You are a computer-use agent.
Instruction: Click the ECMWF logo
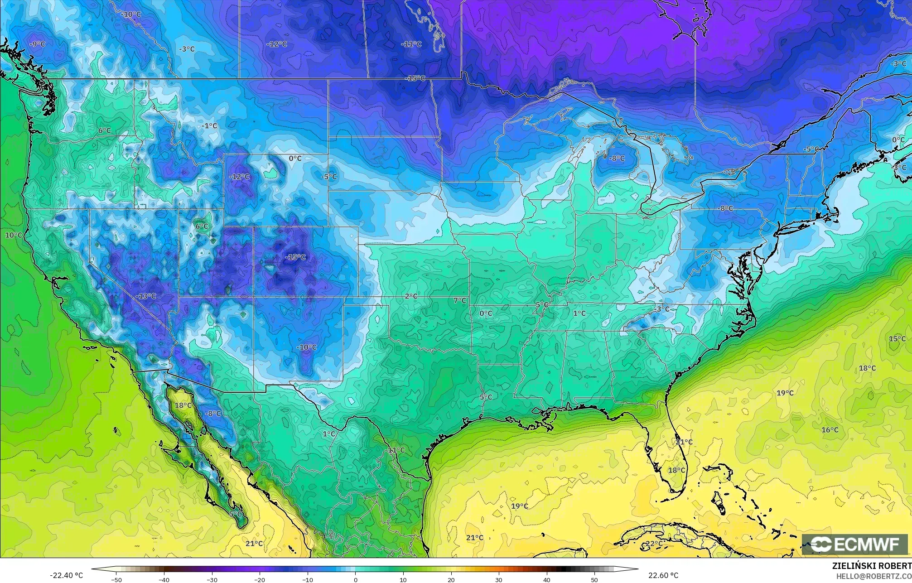pyautogui.click(x=854, y=544)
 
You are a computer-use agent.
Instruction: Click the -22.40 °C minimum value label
pyautogui.click(x=66, y=575)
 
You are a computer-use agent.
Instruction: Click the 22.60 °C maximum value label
pyautogui.click(x=663, y=575)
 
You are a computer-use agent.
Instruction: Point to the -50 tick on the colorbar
pyautogui.click(x=116, y=579)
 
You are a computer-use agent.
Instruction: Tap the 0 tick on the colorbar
pyautogui.click(x=356, y=579)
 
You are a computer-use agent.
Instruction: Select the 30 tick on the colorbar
pyautogui.click(x=499, y=579)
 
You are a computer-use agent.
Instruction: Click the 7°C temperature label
pyautogui.click(x=459, y=300)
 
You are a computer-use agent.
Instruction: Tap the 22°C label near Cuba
pyautogui.click(x=654, y=543)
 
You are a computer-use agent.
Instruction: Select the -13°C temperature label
pyautogui.click(x=146, y=296)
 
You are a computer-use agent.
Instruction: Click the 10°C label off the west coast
pyautogui.click(x=13, y=235)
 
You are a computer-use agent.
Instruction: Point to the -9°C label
pyautogui.click(x=37, y=44)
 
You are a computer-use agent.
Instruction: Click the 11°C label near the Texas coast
pyautogui.click(x=396, y=450)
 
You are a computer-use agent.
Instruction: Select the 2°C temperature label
pyautogui.click(x=411, y=296)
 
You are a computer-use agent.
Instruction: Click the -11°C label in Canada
pyautogui.click(x=411, y=44)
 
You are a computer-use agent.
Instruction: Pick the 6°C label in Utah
pyautogui.click(x=202, y=226)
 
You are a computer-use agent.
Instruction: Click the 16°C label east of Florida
pyautogui.click(x=830, y=430)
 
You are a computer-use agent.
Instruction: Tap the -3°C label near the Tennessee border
pyautogui.click(x=662, y=309)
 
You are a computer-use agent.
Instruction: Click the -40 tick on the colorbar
pyautogui.click(x=164, y=579)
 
